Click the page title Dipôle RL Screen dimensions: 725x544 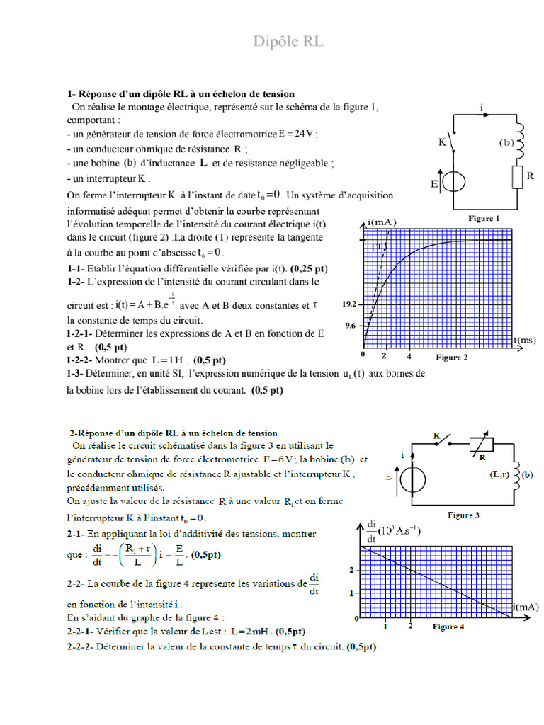click(x=288, y=42)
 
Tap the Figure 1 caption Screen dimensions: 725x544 click(x=484, y=219)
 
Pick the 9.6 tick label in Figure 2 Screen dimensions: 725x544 click(x=351, y=326)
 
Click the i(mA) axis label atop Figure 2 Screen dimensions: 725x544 click(x=382, y=222)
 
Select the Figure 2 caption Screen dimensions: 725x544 click(x=451, y=358)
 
